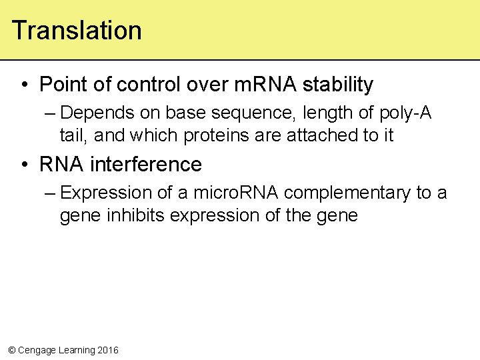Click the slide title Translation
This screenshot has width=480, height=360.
77,31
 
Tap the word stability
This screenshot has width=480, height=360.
338,85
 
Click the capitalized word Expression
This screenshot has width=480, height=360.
106,193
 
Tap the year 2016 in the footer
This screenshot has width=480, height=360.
108,350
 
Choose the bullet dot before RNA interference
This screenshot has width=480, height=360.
24,165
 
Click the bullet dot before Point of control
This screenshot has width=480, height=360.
24,85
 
